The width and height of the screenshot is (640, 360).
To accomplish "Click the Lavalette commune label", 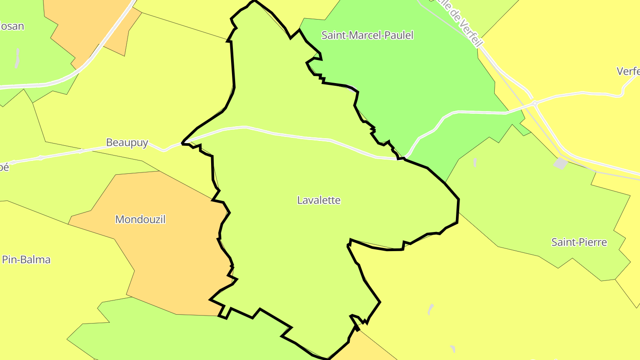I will tap(319, 200).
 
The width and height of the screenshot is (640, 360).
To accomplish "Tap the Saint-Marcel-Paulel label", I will tap(367, 36).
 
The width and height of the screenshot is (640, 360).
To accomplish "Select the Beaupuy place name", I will tap(127, 143).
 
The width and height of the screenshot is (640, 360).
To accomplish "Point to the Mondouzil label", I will tap(140, 220).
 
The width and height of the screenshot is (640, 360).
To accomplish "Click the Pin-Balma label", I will tap(26, 260).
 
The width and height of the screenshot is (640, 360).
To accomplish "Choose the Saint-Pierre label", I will tap(579, 242).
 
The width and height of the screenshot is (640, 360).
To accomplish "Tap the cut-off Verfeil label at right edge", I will tap(628, 71).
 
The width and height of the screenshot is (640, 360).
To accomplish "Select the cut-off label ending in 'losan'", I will tap(12, 26).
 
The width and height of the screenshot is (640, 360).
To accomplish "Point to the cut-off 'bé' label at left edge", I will tap(4, 168).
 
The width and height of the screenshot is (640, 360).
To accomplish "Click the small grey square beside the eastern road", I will tap(560, 164).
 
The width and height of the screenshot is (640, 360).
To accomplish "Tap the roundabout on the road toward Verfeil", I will tap(535, 104).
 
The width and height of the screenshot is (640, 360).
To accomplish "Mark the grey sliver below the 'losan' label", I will tap(17, 58).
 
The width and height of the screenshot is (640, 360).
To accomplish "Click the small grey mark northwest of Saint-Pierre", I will tap(475, 162).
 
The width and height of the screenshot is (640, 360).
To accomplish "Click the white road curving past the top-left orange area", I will tap(107, 44).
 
